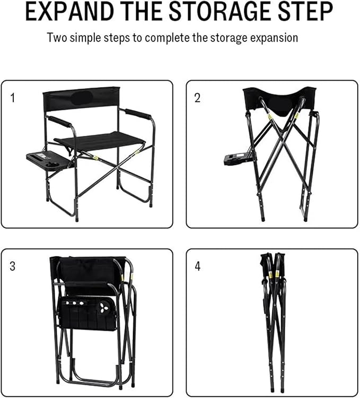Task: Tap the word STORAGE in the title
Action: (219, 11)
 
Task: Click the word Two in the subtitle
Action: (57, 38)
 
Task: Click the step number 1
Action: (13, 98)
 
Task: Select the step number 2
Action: (197, 98)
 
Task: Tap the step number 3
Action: (13, 266)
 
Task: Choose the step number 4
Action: (198, 266)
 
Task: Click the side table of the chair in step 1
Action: (49, 160)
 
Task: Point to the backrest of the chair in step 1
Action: (81, 99)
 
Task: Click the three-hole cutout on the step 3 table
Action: (103, 307)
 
